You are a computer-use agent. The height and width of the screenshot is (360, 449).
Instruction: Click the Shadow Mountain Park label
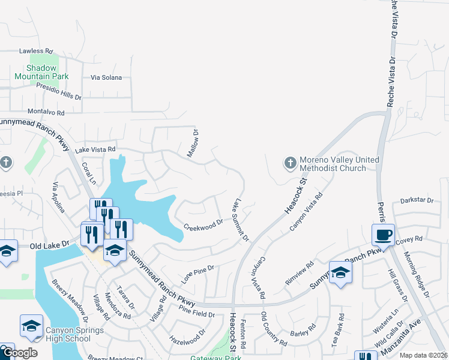pyautogui.click(x=41, y=72)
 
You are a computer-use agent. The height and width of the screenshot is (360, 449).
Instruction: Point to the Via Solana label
pyautogui.click(x=106, y=77)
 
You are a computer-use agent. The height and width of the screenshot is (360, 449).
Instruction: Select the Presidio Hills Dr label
pyautogui.click(x=58, y=92)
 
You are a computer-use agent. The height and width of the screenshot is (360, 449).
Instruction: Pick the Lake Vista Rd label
pyautogui.click(x=95, y=149)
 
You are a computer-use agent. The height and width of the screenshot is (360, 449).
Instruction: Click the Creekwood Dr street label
pyautogui.click(x=203, y=226)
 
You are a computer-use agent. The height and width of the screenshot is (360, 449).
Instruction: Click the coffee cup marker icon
pyautogui.click(x=383, y=234)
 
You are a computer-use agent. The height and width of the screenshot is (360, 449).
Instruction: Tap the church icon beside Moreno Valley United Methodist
pyautogui.click(x=289, y=163)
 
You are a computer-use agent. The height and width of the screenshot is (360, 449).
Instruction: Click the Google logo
pyautogui.click(x=19, y=353)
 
